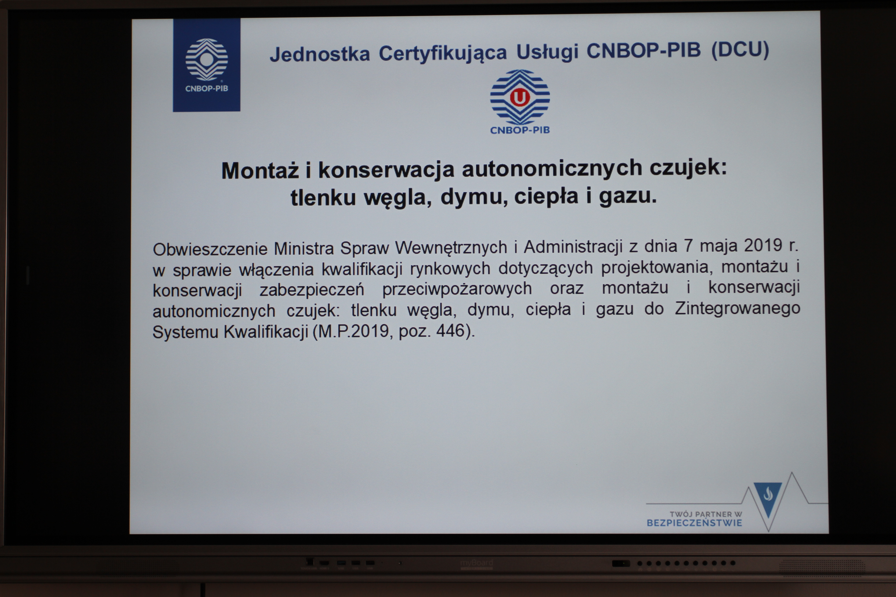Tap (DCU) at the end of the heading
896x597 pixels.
[740, 50]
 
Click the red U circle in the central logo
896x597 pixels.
[520, 97]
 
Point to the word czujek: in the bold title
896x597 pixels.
[688, 168]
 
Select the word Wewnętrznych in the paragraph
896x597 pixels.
[451, 248]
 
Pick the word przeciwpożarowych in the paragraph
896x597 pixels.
[457, 289]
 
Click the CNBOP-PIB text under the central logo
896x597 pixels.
[520, 130]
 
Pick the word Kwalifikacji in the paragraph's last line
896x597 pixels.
[265, 332]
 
